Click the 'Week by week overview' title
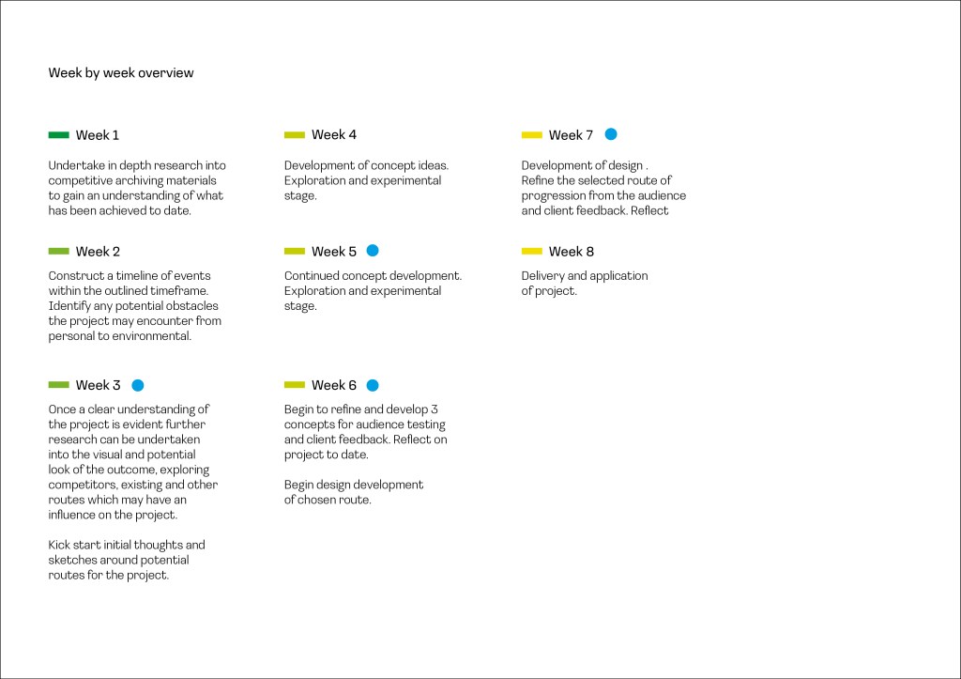click(121, 73)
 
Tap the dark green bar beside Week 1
click(59, 135)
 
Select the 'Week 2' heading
click(98, 252)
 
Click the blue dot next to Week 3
click(137, 385)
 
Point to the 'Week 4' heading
click(334, 135)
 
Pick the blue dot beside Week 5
click(373, 251)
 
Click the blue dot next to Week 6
click(373, 385)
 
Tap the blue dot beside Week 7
click(611, 134)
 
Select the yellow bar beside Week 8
click(532, 252)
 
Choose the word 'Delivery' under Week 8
click(542, 276)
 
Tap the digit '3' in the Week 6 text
click(435, 409)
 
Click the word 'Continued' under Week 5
click(311, 276)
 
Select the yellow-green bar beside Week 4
click(295, 135)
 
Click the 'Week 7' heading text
click(571, 135)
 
